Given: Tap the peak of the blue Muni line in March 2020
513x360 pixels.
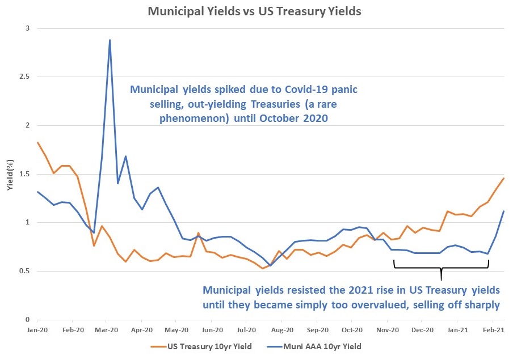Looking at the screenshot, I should [110, 40].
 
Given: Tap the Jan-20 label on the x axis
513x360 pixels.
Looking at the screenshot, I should [37, 329].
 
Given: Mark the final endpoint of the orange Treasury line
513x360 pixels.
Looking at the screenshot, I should [503, 179].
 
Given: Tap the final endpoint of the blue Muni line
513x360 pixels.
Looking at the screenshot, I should [503, 211].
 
